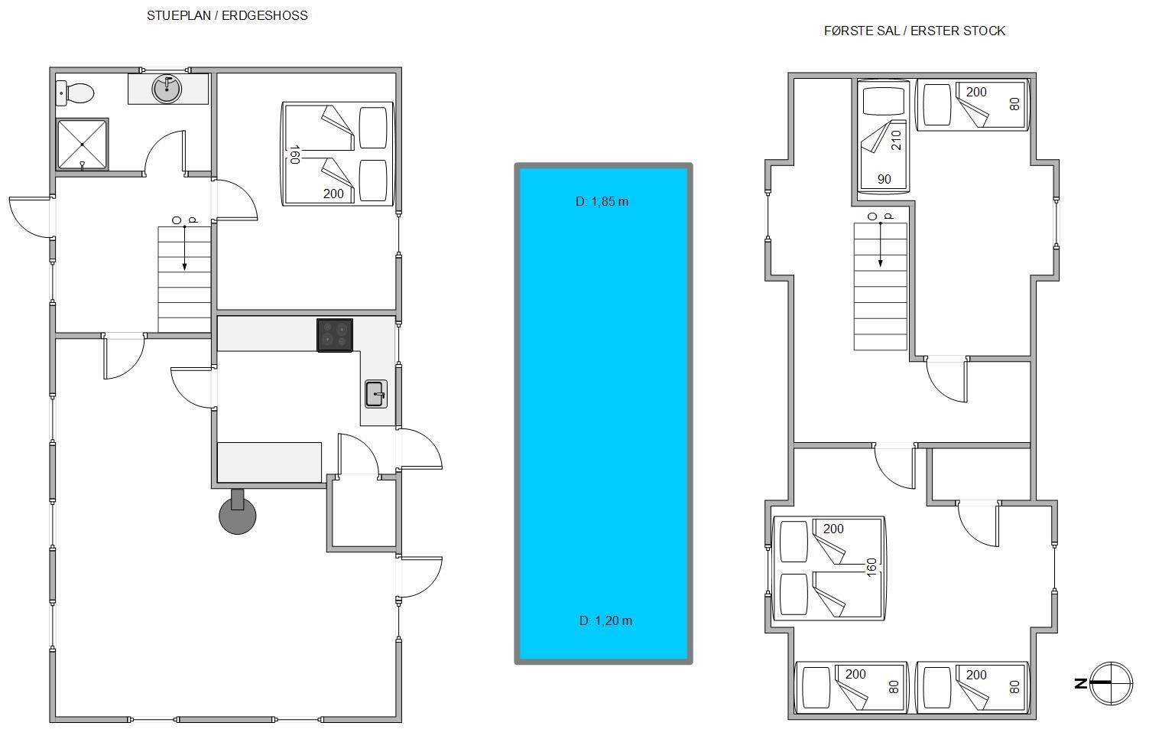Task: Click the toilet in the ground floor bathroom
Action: click(75, 93)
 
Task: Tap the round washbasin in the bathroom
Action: click(167, 89)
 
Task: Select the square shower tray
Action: click(82, 145)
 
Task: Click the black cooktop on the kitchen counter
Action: click(335, 335)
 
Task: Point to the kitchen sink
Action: click(376, 394)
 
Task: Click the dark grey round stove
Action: click(238, 515)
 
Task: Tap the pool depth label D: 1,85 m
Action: click(602, 202)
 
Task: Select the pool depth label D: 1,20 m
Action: click(605, 621)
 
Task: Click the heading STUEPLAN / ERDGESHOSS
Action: click(227, 16)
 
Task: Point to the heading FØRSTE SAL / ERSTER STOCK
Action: click(914, 31)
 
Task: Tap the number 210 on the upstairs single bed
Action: click(896, 140)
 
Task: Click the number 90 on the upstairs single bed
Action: click(884, 179)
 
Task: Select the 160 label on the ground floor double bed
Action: click(294, 155)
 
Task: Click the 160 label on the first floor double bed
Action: click(871, 568)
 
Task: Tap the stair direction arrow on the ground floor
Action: click(185, 248)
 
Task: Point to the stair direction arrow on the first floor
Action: click(881, 244)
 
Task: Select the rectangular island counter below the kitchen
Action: click(269, 462)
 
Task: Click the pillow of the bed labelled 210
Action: click(883, 101)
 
